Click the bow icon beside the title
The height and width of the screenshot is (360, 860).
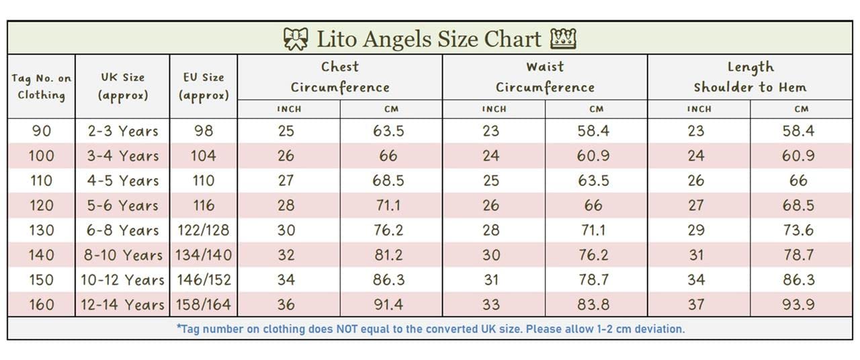point(296,39)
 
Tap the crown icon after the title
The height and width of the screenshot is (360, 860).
point(563,39)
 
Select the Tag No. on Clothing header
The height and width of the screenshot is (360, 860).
point(41,87)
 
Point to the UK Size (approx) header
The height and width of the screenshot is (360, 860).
point(123,87)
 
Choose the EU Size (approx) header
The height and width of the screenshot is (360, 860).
point(204,87)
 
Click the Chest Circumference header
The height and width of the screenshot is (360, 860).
point(340,77)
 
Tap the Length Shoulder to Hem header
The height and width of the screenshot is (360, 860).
point(750,77)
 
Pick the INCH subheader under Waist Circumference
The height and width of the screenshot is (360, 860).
point(494,109)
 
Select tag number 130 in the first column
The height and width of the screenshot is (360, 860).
point(41,230)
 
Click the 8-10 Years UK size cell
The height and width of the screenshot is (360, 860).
point(122,255)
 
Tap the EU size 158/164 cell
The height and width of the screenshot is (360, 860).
point(204,305)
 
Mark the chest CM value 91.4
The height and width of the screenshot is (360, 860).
point(388,305)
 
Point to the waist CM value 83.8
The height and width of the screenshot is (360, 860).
point(593,305)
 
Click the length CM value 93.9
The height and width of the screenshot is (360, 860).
point(798,305)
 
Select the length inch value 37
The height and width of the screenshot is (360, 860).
point(696,305)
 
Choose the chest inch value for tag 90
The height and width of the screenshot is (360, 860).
point(286,131)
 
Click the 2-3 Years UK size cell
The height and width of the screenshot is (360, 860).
point(123,131)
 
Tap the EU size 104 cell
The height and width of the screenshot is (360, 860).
point(204,156)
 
